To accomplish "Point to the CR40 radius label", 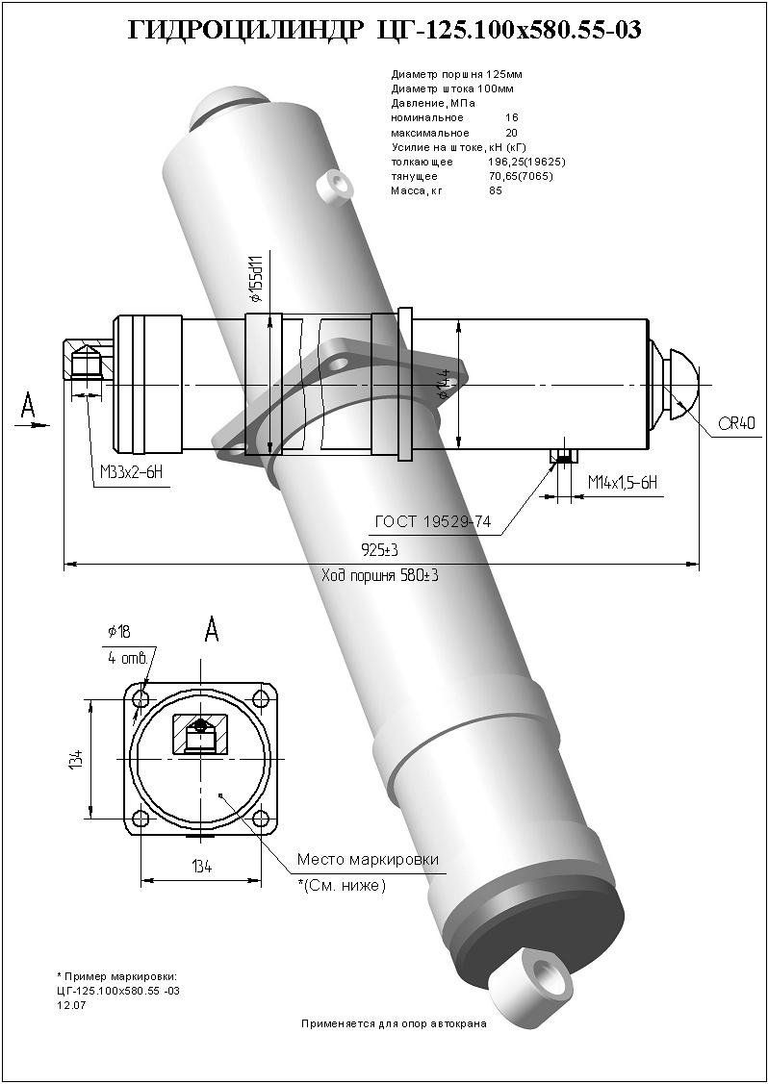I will [x=736, y=424].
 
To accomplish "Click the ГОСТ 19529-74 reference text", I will [x=433, y=522].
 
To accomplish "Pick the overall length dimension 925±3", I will [x=379, y=549].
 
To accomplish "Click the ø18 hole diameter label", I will [x=119, y=631].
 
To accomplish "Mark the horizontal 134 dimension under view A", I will [x=201, y=868].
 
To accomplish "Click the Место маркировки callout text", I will [x=368, y=859].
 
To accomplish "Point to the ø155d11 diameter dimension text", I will [x=255, y=278].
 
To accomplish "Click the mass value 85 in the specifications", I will [x=496, y=190].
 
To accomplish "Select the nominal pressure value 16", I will [x=511, y=117].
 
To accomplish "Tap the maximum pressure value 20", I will [x=511, y=133].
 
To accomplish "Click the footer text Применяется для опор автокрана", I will [x=394, y=1023].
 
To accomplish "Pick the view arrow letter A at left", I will [x=30, y=405].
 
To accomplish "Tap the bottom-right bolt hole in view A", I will [x=261, y=819].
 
